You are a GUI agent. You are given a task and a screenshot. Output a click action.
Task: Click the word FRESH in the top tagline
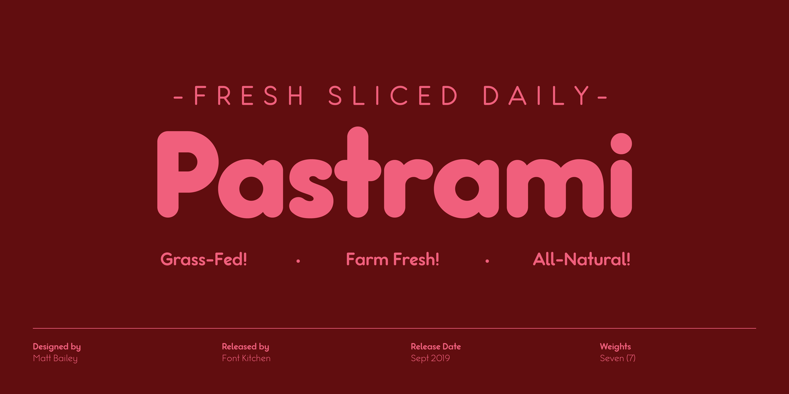click(x=249, y=96)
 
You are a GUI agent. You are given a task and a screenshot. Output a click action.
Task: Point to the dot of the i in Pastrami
click(x=621, y=144)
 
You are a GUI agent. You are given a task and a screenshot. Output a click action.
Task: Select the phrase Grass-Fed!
click(x=204, y=259)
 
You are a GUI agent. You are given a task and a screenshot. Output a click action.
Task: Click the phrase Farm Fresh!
click(x=392, y=259)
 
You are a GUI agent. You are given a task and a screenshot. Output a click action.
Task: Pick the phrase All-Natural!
click(x=581, y=259)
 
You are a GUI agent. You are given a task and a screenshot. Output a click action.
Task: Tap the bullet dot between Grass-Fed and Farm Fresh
click(x=298, y=262)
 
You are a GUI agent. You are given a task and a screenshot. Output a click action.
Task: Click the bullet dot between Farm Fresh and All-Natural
click(x=487, y=262)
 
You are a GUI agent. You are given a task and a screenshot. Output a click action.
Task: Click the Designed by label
click(x=57, y=346)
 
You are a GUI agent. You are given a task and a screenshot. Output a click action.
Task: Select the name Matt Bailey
click(x=55, y=358)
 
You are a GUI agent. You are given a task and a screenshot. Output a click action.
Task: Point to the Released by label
click(x=245, y=346)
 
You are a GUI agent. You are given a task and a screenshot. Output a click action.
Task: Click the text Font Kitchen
click(x=246, y=358)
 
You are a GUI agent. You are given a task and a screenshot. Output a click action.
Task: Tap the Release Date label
click(x=436, y=346)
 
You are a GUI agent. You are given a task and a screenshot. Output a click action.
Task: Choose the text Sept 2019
click(x=430, y=358)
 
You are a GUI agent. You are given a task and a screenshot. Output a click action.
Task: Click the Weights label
click(x=615, y=346)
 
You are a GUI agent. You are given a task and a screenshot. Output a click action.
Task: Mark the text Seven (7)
click(x=618, y=358)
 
